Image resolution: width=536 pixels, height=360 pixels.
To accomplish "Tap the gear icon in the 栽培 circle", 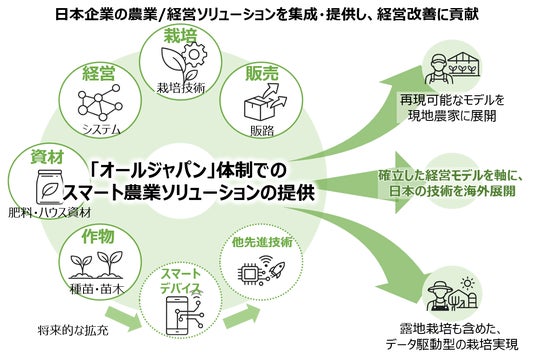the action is [x=195, y=54].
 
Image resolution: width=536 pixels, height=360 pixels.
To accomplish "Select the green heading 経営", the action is [x=99, y=72].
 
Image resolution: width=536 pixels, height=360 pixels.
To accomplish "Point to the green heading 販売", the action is [x=262, y=73].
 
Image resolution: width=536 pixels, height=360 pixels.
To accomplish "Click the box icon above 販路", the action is [x=265, y=102].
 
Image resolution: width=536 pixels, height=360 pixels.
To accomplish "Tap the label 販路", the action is [x=262, y=131].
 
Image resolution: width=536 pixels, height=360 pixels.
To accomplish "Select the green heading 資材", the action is [x=47, y=157].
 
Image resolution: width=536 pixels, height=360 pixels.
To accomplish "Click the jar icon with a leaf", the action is [x=50, y=187].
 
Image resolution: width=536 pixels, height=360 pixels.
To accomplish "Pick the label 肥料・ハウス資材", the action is [x=50, y=213].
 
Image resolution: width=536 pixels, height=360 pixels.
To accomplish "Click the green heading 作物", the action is [x=98, y=236].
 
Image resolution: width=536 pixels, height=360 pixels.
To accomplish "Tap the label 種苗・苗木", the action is [x=96, y=290].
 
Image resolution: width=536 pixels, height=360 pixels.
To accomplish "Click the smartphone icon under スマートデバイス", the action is [x=179, y=316].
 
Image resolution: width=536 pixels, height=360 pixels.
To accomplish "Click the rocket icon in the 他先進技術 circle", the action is [x=276, y=270].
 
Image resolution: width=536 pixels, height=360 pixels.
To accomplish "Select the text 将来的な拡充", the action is [x=73, y=331].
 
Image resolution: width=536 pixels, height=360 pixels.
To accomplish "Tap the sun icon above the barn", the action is [x=467, y=283].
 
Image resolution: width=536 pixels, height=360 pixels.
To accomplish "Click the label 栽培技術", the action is [x=181, y=88].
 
